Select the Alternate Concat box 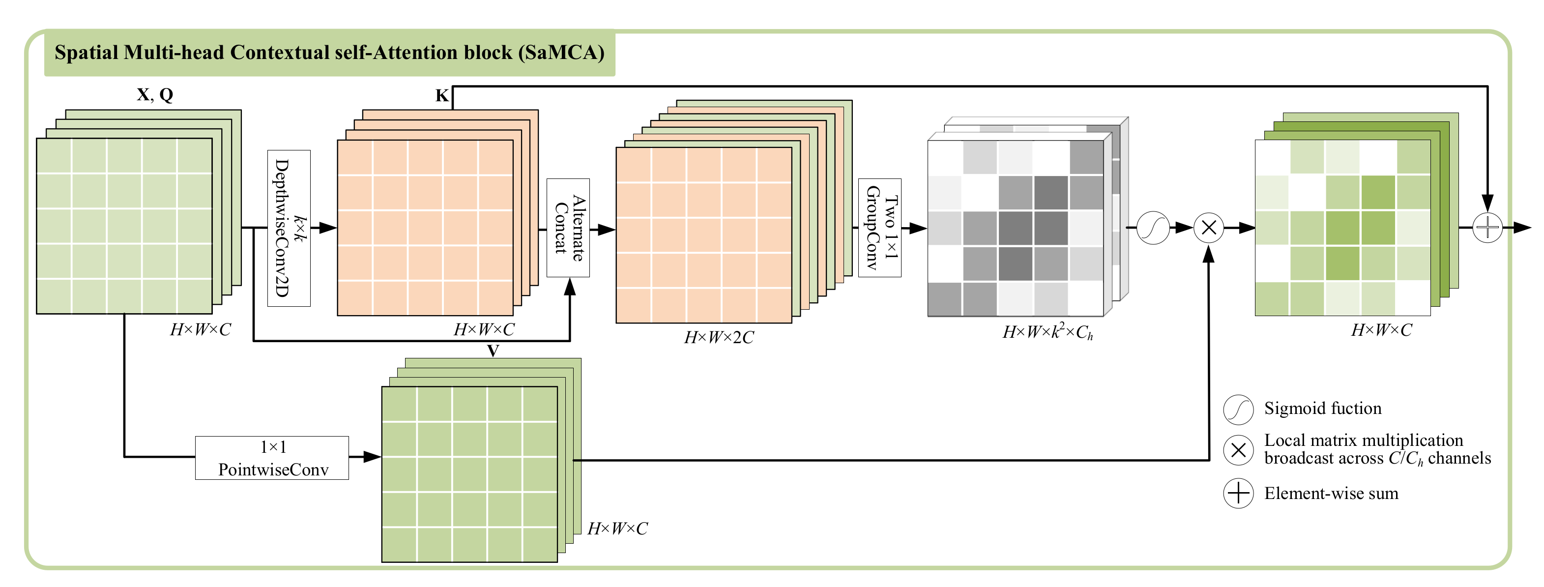click(x=568, y=228)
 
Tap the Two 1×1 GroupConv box click(x=879, y=228)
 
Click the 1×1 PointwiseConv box click(x=272, y=458)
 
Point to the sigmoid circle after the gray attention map click(x=1153, y=228)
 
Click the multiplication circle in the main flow click(x=1209, y=228)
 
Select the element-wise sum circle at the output click(x=1487, y=228)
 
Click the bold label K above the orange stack click(x=442, y=95)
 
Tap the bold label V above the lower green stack click(x=493, y=350)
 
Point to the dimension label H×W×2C click(x=719, y=338)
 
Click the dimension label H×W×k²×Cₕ click(x=1047, y=331)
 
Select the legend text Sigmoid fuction click(x=1322, y=409)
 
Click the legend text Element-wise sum click(x=1331, y=494)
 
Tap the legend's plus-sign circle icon click(x=1238, y=494)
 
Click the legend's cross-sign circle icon click(x=1238, y=450)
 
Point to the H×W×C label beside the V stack click(x=617, y=528)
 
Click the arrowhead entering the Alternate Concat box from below click(x=570, y=287)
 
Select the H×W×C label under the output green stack click(x=1381, y=330)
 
